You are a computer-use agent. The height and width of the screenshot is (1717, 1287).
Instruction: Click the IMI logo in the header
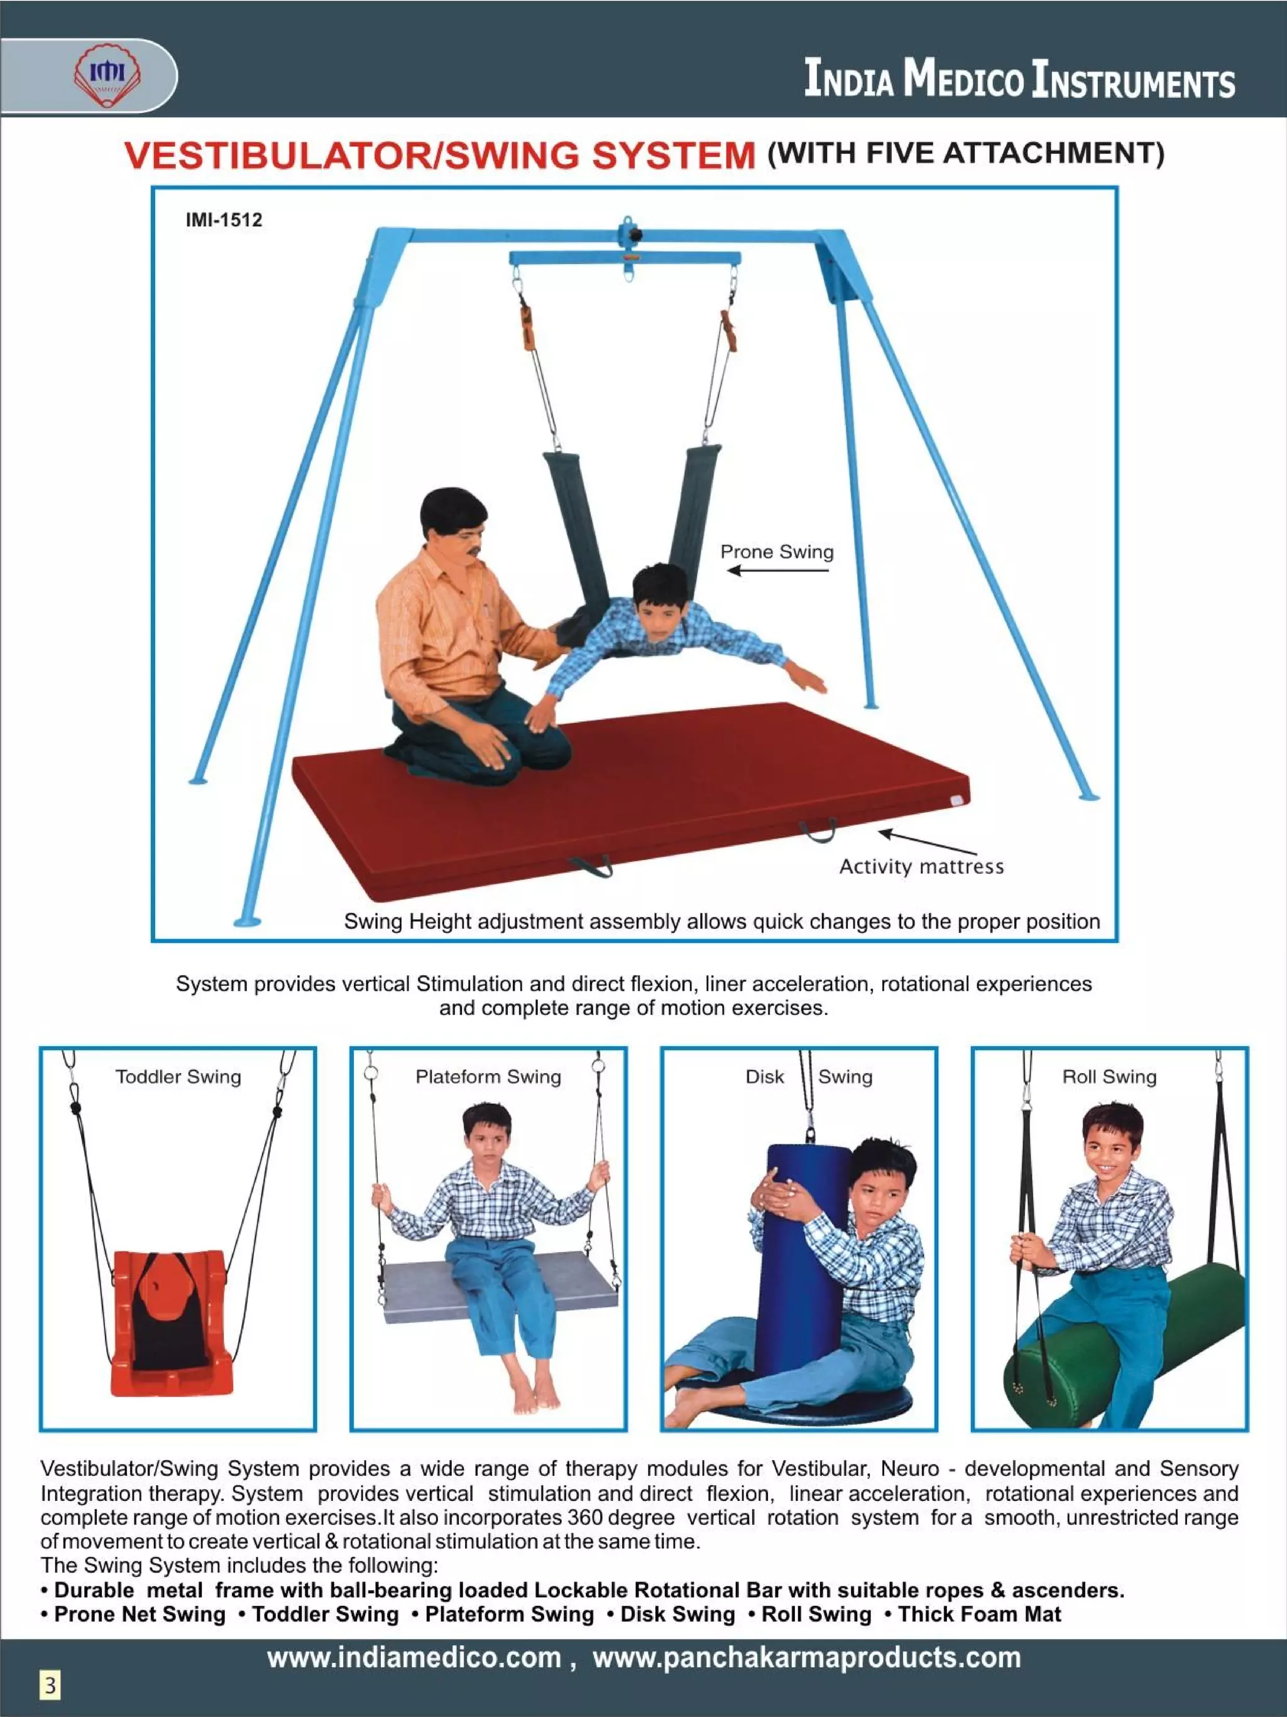pyautogui.click(x=108, y=76)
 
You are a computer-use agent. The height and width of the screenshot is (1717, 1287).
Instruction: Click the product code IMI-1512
pyautogui.click(x=224, y=220)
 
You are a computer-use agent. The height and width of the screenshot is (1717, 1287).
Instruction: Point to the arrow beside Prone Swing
pyautogui.click(x=778, y=570)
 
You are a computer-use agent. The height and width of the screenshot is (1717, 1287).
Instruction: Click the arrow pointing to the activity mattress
pyautogui.click(x=928, y=842)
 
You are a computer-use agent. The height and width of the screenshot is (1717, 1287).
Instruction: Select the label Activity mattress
pyautogui.click(x=921, y=866)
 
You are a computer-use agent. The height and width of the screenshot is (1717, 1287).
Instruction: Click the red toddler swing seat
pyautogui.click(x=172, y=1322)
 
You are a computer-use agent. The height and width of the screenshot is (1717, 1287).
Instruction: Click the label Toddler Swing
pyautogui.click(x=178, y=1077)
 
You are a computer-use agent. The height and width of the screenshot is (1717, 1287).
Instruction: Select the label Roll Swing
pyautogui.click(x=1109, y=1077)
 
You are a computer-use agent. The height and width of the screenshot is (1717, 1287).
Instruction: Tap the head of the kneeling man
pyautogui.click(x=454, y=521)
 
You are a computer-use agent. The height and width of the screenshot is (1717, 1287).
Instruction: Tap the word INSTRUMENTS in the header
pyautogui.click(x=1132, y=80)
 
